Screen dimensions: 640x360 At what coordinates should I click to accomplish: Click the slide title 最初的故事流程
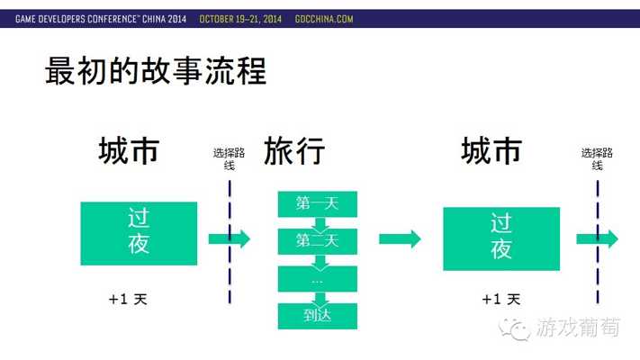point(156,71)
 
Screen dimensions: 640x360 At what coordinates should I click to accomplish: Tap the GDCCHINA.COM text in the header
point(324,19)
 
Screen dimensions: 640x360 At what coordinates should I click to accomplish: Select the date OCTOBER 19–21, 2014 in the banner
point(240,19)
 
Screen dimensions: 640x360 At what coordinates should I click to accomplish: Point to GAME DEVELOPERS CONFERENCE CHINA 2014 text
point(101,19)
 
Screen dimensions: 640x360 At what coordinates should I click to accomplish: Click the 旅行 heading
point(294,151)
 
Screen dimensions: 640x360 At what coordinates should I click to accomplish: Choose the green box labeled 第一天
point(318,203)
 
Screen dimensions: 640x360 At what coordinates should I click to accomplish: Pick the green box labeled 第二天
point(318,241)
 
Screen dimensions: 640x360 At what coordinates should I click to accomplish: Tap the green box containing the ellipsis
point(318,279)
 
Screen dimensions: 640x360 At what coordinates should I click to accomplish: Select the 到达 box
point(318,316)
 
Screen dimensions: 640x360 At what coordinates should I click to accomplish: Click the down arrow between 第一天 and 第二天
point(320,224)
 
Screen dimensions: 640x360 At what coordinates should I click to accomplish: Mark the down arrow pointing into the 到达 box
point(320,299)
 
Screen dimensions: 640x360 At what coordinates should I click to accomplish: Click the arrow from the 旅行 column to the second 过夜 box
point(400,238)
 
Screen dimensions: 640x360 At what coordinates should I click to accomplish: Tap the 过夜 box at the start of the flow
point(139,233)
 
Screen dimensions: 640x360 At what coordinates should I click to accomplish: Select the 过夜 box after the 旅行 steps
point(501,238)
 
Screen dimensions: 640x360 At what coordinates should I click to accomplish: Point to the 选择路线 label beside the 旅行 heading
point(229,158)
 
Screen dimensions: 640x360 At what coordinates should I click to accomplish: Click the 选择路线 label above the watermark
point(597,158)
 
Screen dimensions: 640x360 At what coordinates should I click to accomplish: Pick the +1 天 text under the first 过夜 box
point(128,299)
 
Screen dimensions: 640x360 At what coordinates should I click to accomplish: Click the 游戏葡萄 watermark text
point(578,328)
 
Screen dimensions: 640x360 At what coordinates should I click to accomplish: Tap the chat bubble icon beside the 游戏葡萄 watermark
point(514,329)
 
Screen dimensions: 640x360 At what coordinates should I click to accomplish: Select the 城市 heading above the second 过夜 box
point(491,151)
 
